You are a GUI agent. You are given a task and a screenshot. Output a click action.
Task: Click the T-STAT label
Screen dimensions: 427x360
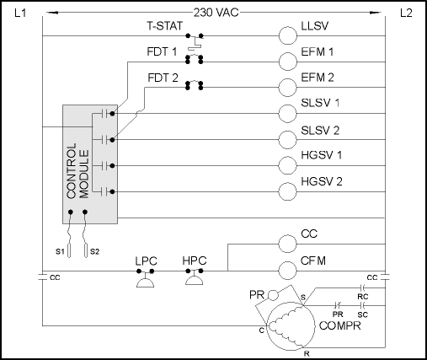point(165,26)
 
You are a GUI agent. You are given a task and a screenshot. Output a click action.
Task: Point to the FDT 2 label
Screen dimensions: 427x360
point(163,78)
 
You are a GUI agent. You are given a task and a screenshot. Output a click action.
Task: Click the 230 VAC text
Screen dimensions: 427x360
point(216,13)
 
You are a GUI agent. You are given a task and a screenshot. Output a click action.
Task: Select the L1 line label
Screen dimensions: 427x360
point(20,13)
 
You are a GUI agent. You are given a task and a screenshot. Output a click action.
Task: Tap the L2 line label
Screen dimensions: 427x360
point(406,13)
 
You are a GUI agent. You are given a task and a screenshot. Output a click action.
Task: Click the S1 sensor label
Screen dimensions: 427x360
point(60,251)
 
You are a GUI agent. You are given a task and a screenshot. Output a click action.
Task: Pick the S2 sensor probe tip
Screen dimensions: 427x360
point(86,256)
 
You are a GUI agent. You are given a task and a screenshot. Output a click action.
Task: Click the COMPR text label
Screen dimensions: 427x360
point(340,325)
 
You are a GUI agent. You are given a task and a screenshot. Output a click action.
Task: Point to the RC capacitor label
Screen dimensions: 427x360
point(363,297)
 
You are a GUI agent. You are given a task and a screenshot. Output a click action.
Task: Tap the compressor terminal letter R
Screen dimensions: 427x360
point(307,354)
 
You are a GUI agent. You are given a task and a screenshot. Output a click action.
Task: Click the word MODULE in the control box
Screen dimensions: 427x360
point(84,174)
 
